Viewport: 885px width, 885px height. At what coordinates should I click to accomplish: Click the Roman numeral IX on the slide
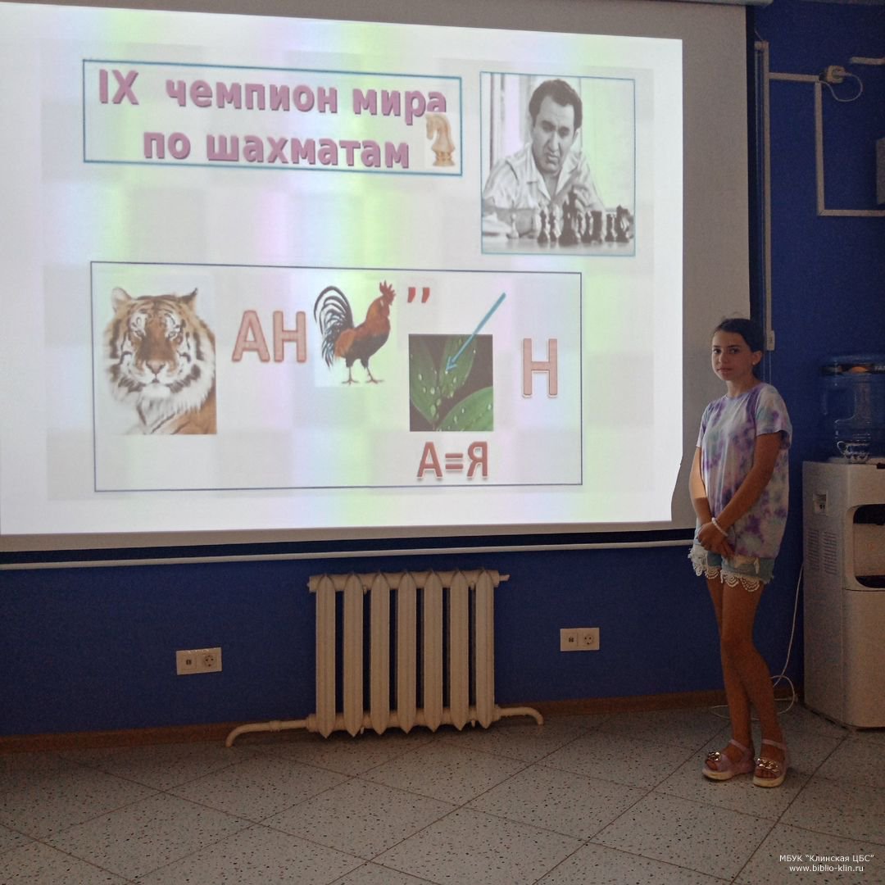(x=119, y=88)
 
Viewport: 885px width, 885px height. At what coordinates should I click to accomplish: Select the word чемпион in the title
(x=253, y=95)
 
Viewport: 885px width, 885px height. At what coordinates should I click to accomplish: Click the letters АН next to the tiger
(x=270, y=338)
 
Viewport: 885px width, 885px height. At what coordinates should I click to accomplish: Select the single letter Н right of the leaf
(x=539, y=367)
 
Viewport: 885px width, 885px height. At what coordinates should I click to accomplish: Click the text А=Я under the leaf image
(x=452, y=462)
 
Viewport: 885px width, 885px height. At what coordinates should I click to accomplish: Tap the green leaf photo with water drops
(x=451, y=383)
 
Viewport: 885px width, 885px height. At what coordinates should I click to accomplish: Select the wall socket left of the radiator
(x=198, y=661)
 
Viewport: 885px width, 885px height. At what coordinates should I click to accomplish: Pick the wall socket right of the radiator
(x=579, y=639)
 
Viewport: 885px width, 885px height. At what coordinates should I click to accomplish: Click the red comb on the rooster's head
(x=387, y=290)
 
